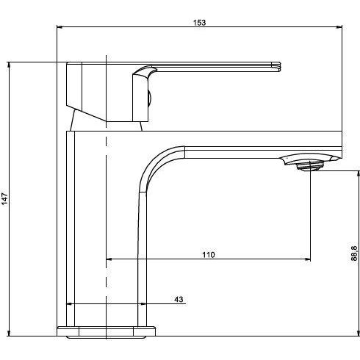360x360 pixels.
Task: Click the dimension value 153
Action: [200, 23]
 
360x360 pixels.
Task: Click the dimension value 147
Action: [4, 199]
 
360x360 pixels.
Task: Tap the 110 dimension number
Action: [209, 255]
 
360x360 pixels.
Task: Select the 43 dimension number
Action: [179, 299]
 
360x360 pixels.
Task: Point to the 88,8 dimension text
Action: [354, 253]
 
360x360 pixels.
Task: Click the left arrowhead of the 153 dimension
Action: [60, 27]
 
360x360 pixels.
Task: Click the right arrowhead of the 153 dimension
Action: [339, 27]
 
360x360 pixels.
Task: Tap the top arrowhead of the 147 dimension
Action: [9, 65]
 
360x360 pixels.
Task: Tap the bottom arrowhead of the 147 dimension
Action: [9, 333]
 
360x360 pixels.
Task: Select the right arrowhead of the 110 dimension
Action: [307, 259]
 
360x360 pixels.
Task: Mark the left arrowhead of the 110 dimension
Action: [109, 259]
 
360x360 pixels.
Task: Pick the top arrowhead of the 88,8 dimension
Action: [359, 174]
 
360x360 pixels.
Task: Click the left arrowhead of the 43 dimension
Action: [70, 304]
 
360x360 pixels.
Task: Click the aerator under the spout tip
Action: [309, 166]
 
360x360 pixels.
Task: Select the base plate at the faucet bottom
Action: [106, 331]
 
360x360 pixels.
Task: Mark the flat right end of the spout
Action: [342, 145]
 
